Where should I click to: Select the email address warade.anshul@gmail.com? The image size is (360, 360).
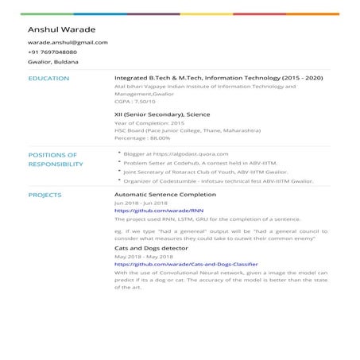(x=68, y=42)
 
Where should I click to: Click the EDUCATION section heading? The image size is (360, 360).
(x=48, y=79)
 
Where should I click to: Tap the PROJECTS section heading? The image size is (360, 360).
(x=45, y=194)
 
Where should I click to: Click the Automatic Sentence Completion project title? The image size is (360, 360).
(x=165, y=194)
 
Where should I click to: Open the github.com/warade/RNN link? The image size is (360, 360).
(x=149, y=210)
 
